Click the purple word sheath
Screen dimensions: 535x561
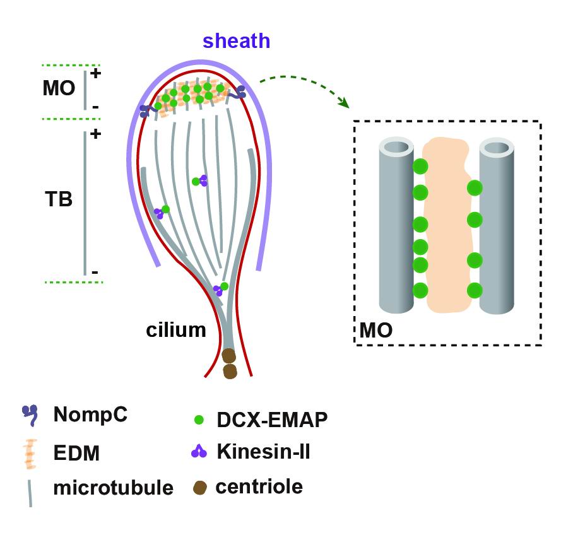(236, 42)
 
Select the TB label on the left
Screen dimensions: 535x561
(59, 200)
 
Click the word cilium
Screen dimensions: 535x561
(176, 329)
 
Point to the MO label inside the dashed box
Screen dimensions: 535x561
(376, 330)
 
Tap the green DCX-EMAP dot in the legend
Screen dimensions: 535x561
(199, 419)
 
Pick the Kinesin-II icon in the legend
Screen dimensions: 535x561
(199, 451)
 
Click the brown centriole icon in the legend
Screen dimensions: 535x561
(199, 488)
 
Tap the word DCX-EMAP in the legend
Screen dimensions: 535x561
(271, 420)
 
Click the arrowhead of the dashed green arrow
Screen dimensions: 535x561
(344, 102)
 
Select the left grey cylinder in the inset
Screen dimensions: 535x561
(394, 226)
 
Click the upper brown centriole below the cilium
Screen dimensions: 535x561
(229, 356)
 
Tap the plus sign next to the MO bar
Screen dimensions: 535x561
(96, 73)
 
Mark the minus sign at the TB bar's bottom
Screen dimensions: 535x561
(95, 272)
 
